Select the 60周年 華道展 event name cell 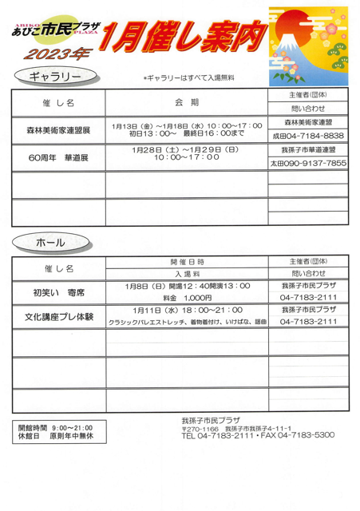[x=58, y=157]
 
